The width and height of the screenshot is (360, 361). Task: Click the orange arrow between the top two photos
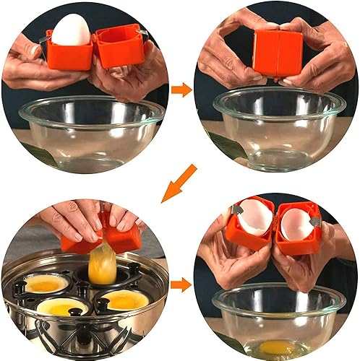(x=181, y=90)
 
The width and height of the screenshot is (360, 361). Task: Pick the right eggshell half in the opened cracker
(x=294, y=225)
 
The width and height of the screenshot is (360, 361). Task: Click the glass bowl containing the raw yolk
(x=278, y=318)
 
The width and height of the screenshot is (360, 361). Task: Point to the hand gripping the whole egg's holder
(x=29, y=65)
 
